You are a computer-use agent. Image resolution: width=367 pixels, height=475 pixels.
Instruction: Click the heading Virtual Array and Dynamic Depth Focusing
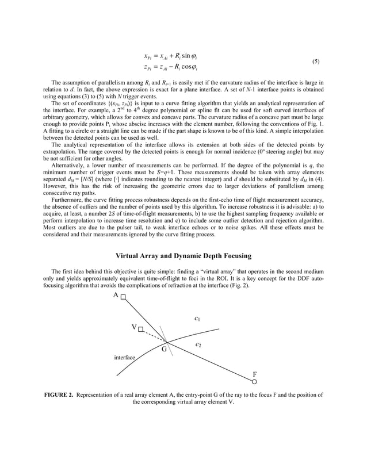pyautogui.click(x=183, y=255)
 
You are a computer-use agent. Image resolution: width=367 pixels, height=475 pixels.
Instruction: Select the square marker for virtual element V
pyautogui.click(x=140, y=329)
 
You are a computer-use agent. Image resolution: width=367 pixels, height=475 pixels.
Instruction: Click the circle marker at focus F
pyautogui.click(x=254, y=381)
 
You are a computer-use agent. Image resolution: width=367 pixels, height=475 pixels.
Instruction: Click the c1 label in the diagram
pyautogui.click(x=197, y=318)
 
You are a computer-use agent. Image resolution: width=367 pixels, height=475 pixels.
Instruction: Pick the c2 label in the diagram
pyautogui.click(x=198, y=344)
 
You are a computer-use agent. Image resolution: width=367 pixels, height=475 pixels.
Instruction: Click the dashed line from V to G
pyautogui.click(x=152, y=336)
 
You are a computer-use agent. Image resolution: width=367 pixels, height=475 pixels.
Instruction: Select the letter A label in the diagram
pyautogui.click(x=116, y=295)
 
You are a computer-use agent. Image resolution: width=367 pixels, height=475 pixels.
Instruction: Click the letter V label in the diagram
pyautogui.click(x=133, y=327)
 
